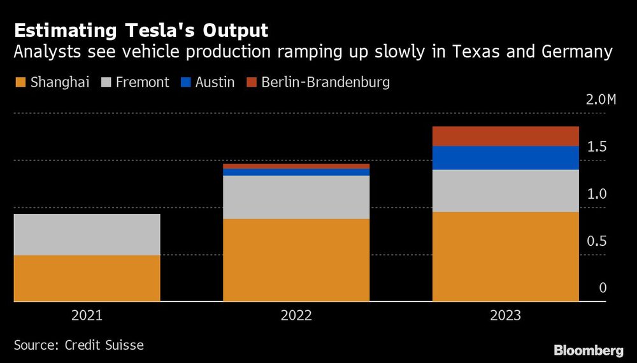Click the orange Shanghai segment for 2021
[x=87, y=278]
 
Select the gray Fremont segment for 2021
[x=87, y=234]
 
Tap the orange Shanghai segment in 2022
[x=296, y=260]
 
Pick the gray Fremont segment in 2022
[x=296, y=197]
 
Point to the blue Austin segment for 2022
[x=296, y=172]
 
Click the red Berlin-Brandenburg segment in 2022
[x=296, y=166]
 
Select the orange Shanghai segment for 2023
[x=506, y=257]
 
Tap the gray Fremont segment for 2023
[x=506, y=191]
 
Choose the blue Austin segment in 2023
[x=506, y=158]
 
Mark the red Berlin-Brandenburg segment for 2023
[x=506, y=136]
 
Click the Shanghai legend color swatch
[x=19, y=83]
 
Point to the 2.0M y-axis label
[x=601, y=100]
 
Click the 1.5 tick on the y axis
[x=598, y=147]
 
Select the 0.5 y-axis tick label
[x=598, y=241]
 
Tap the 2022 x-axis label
[x=296, y=315]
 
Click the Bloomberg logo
[x=588, y=350]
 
